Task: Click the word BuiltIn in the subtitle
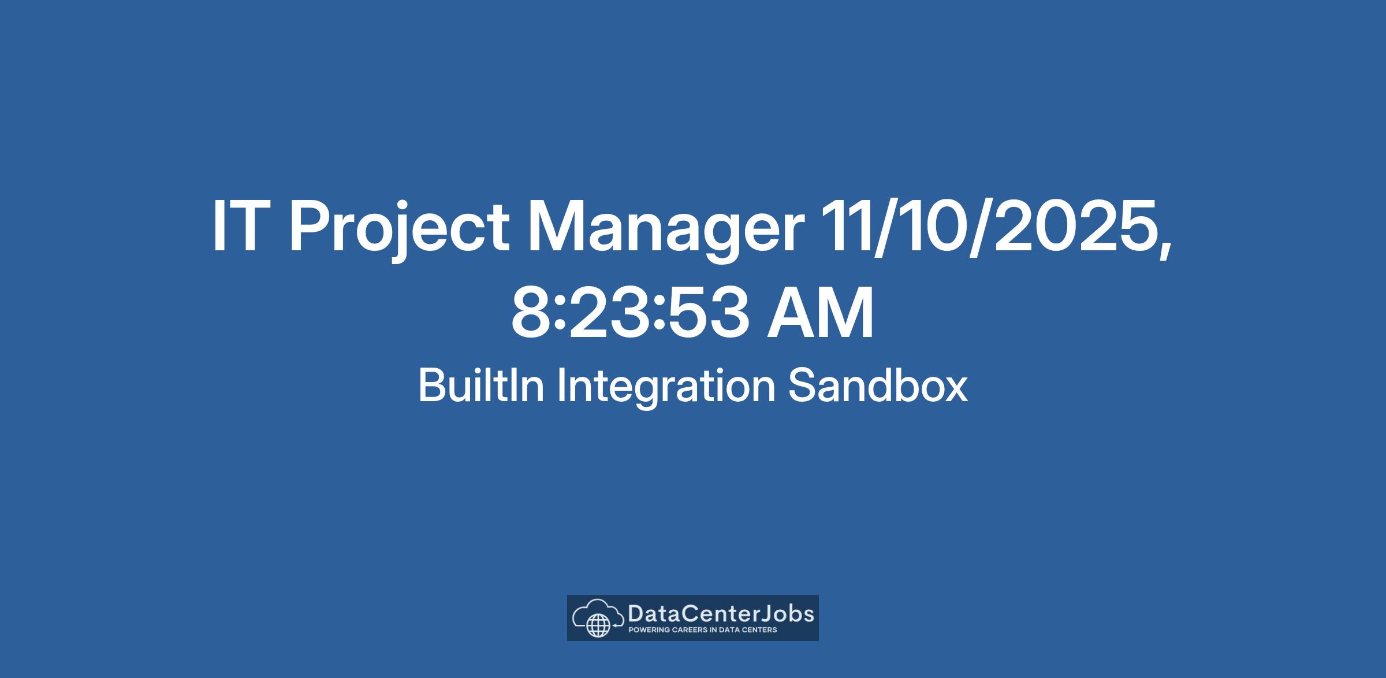pyautogui.click(x=481, y=386)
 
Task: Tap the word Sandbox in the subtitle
pyautogui.click(x=878, y=386)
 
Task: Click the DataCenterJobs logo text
pyautogui.click(x=721, y=613)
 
